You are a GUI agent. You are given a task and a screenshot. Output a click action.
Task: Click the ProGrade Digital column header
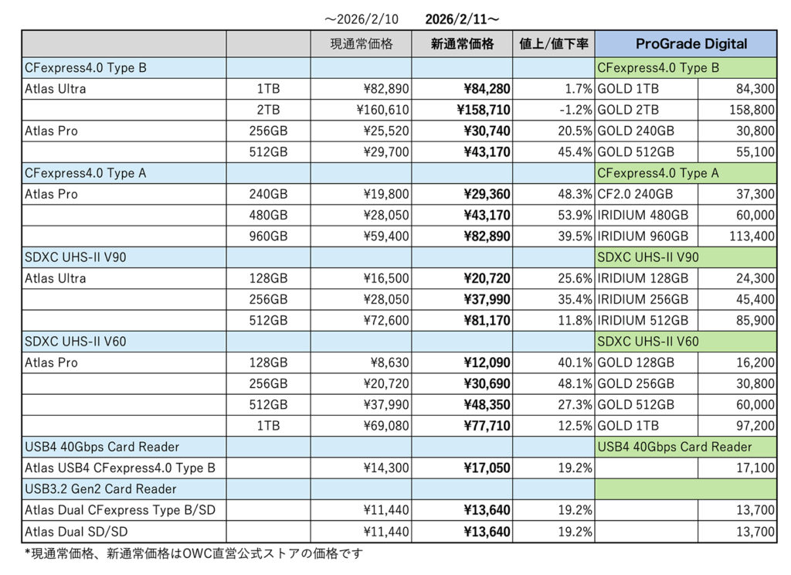686,44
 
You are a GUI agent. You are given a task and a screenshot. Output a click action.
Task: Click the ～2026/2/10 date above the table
362,18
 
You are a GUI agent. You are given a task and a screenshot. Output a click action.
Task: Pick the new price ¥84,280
487,89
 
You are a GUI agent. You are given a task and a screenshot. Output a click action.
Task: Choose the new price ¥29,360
487,194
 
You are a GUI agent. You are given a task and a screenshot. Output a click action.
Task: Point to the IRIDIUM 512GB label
643,320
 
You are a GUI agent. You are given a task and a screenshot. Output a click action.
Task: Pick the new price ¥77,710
487,425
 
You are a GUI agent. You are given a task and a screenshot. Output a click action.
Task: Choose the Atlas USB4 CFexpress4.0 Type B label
120,468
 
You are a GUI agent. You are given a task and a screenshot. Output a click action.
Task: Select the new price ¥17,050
487,468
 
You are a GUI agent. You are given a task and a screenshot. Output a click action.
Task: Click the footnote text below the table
193,553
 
